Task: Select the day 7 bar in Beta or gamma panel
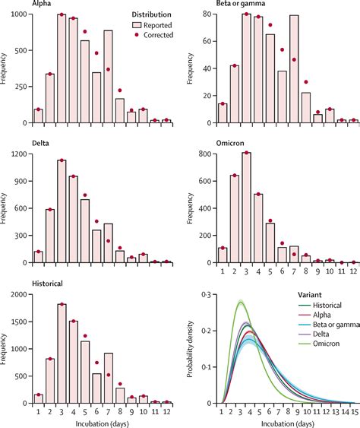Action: pyautogui.click(x=293, y=68)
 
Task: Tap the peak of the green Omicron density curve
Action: pyautogui.click(x=242, y=302)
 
